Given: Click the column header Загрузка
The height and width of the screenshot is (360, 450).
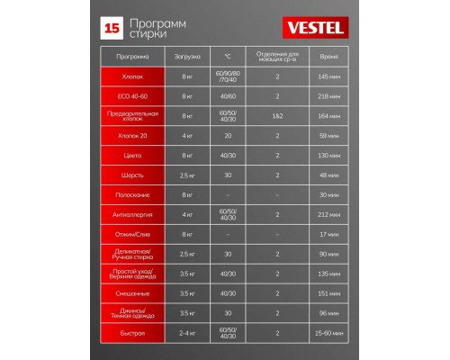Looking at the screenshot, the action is coord(188,56).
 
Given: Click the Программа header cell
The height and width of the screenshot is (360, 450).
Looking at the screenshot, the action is coord(132,56).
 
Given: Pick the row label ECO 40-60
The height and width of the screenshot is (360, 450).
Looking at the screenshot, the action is coord(132,95).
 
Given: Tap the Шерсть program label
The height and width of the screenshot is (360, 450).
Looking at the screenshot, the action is coord(132,175).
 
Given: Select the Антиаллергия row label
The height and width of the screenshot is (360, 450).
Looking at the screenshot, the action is coord(132,214).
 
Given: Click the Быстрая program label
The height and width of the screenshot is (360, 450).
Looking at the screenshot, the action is coord(132,333).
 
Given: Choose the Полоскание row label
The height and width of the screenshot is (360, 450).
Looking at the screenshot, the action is coord(132,194).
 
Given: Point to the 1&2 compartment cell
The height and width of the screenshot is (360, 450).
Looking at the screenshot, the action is coord(277,115).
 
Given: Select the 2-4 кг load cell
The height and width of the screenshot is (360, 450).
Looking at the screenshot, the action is coord(188,333).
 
